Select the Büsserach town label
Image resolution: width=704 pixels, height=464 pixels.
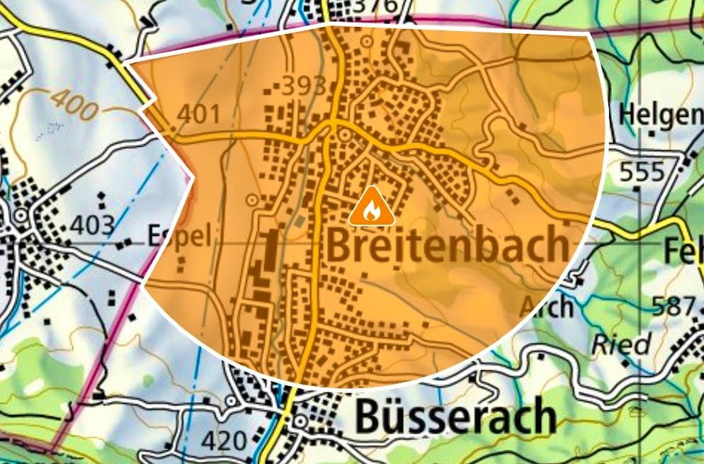(x=455, y=416)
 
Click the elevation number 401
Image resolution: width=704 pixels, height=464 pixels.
(x=199, y=114)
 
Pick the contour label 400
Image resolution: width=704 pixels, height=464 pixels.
(x=74, y=103)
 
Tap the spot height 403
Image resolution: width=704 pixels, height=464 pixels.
(x=93, y=226)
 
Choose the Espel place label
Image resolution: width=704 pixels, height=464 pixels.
(x=178, y=236)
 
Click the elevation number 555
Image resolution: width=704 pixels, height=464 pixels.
(x=642, y=172)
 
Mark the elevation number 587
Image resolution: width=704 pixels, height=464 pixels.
(x=674, y=306)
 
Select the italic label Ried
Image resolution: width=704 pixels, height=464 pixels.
(x=621, y=344)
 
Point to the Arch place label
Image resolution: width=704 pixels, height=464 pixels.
(x=546, y=306)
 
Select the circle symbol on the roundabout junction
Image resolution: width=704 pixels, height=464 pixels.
(x=345, y=134)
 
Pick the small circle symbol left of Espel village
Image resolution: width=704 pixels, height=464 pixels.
(x=21, y=215)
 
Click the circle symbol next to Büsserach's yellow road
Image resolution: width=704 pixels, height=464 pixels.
(x=300, y=422)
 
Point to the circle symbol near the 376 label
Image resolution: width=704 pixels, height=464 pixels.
(x=366, y=42)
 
